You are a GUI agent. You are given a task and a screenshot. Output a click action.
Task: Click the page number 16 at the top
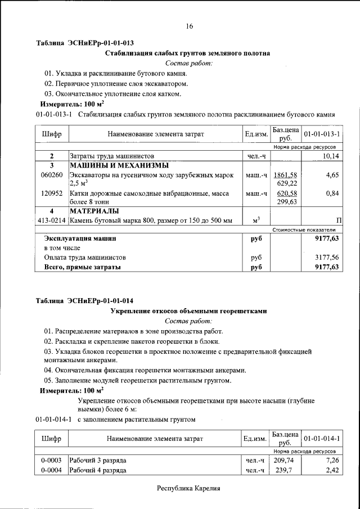[x=189, y=26]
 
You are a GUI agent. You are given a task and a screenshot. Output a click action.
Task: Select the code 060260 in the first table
[x=51, y=175]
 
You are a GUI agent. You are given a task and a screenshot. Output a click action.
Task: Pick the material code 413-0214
[x=51, y=220]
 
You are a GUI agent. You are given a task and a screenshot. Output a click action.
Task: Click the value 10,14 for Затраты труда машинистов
[x=328, y=156]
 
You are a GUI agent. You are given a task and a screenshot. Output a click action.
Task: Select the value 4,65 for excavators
[x=332, y=175]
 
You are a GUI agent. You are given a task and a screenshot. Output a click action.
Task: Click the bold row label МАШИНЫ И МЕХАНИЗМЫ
[x=119, y=165]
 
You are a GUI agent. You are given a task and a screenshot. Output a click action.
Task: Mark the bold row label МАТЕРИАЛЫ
[x=94, y=211]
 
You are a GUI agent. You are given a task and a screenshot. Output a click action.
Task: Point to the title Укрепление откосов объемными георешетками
[x=188, y=310]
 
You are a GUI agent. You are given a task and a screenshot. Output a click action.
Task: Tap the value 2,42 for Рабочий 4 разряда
[x=332, y=470]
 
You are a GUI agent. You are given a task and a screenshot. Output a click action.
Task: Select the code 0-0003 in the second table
[x=51, y=460]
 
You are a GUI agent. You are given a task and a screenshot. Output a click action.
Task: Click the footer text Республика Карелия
[x=188, y=488]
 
